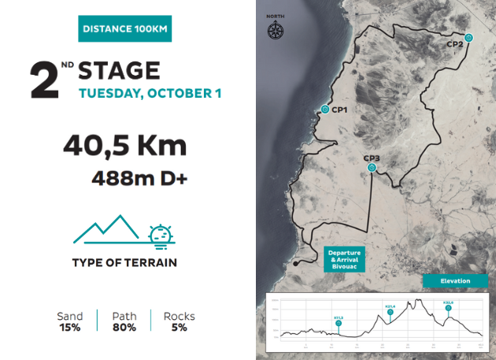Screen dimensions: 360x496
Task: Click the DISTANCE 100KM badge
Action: click(125, 30)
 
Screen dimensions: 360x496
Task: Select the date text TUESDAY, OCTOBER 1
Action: click(150, 94)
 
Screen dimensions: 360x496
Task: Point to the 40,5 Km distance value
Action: click(124, 146)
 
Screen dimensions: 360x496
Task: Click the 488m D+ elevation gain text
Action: click(139, 178)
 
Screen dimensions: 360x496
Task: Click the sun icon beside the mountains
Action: click(161, 234)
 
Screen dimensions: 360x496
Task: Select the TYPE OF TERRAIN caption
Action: click(124, 262)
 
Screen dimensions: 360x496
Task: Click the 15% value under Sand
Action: click(69, 327)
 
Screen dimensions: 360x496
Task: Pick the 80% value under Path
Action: click(124, 327)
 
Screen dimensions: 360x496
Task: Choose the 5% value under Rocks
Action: click(179, 327)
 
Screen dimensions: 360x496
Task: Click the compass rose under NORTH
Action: click(276, 32)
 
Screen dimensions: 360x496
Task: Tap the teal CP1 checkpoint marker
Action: click(324, 109)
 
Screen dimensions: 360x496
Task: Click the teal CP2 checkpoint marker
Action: click(468, 37)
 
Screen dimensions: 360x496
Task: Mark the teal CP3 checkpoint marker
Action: click(372, 167)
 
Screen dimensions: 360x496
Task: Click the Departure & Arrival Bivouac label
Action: click(345, 259)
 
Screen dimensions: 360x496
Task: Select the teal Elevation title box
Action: click(455, 280)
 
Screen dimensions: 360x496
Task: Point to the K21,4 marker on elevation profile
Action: click(390, 312)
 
